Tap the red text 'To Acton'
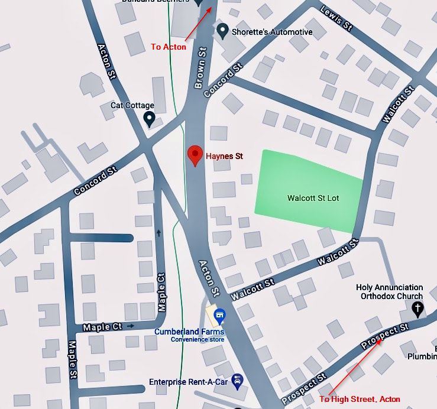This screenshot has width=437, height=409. pyautogui.click(x=169, y=47)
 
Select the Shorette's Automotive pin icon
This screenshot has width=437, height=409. pyautogui.click(x=222, y=30)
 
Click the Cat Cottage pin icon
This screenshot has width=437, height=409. pyautogui.click(x=150, y=119)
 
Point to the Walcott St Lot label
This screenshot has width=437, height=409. pyautogui.click(x=313, y=198)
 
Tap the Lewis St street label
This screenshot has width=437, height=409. pyautogui.click(x=336, y=18)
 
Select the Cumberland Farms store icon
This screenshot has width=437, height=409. pyautogui.click(x=220, y=315)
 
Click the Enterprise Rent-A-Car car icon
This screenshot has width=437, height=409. pyautogui.click(x=238, y=380)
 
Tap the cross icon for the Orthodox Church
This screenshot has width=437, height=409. pyautogui.click(x=417, y=308)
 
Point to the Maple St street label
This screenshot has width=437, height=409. pyautogui.click(x=72, y=359)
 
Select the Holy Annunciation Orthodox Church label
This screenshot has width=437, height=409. pyautogui.click(x=389, y=292)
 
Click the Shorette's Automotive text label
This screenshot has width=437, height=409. pyautogui.click(x=273, y=32)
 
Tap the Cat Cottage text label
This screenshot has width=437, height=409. pyautogui.click(x=132, y=105)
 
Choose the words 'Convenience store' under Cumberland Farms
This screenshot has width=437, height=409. pyautogui.click(x=198, y=340)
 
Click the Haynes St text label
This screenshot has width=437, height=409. pyautogui.click(x=225, y=157)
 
